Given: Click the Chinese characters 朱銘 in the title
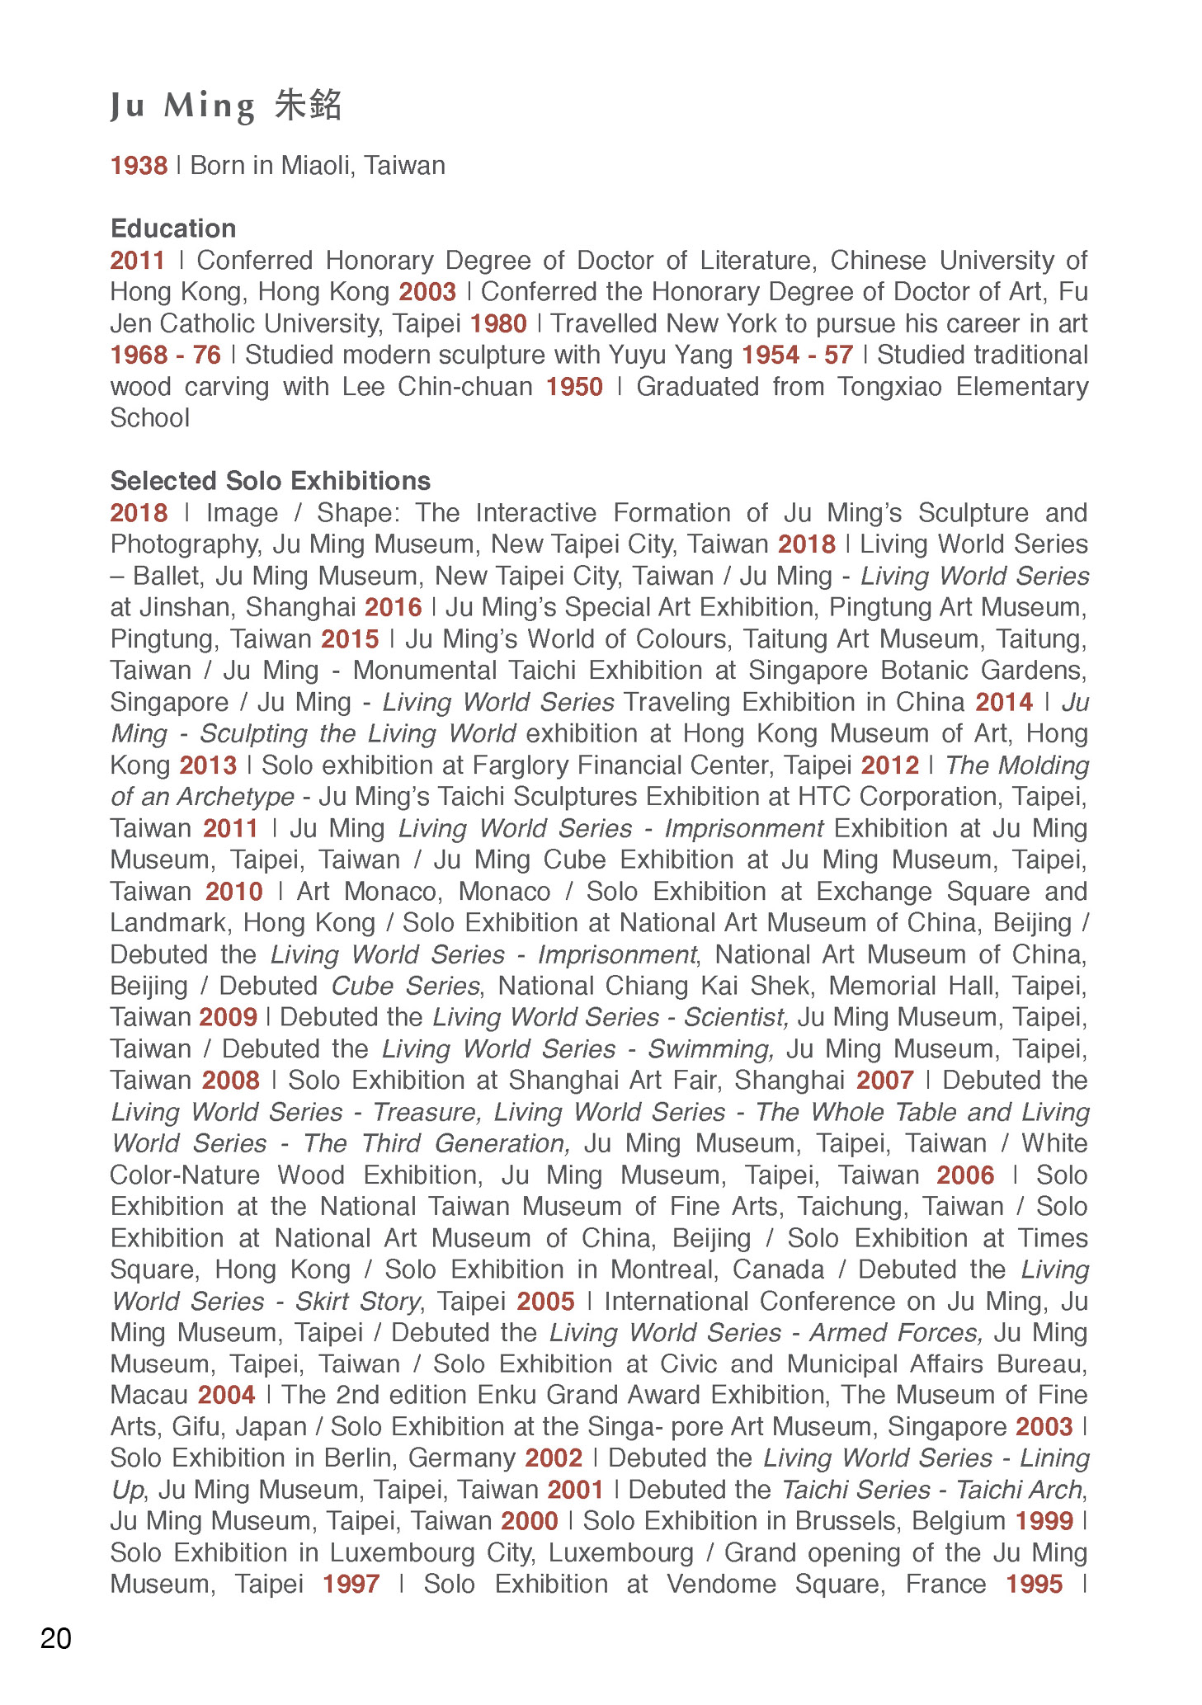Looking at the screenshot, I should point(308,106).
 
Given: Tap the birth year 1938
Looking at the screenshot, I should point(139,166).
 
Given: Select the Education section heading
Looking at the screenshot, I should point(173,228).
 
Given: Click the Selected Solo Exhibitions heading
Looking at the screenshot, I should point(271,481).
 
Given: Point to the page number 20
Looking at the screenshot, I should point(56,1638).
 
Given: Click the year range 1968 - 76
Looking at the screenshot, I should point(166,356).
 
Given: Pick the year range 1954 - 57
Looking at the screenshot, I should point(797,356).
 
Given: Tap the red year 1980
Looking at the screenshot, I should point(498,323).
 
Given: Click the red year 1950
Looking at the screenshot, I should point(574,387).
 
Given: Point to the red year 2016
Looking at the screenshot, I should point(394,608).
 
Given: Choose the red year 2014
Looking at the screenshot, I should point(1004,703).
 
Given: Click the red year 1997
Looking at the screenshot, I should point(351,1585).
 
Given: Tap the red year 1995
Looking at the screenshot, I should point(1035,1585).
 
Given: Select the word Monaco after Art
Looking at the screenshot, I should point(505,892).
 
